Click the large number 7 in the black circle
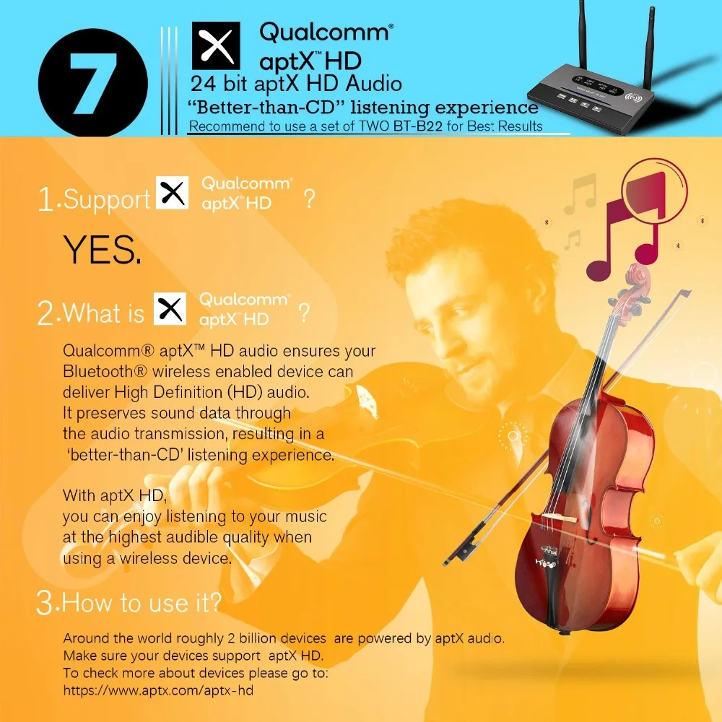(x=93, y=83)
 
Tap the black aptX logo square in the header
(x=215, y=45)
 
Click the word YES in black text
(x=102, y=249)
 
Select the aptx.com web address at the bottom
(x=158, y=690)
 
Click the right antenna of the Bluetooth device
(x=650, y=46)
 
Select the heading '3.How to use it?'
(x=129, y=602)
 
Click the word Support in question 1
(x=107, y=200)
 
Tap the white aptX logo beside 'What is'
(x=170, y=308)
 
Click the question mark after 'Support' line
(x=310, y=199)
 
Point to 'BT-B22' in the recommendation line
(x=417, y=126)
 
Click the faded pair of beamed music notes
(x=581, y=193)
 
